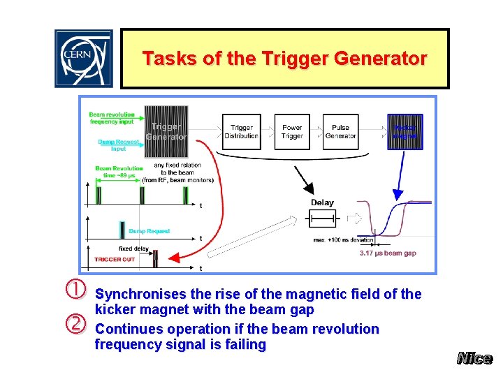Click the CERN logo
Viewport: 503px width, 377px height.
click(84, 59)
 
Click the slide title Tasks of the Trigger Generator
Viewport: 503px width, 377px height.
click(284, 59)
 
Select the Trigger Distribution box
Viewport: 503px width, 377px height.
click(242, 132)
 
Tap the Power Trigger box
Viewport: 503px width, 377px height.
click(292, 132)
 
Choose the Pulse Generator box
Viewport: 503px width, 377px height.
click(340, 132)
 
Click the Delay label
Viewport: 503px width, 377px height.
click(322, 202)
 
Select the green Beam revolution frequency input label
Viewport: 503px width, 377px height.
click(111, 117)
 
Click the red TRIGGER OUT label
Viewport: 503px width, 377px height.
click(115, 260)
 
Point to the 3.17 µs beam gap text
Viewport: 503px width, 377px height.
click(388, 253)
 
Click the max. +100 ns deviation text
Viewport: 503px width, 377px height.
click(344, 240)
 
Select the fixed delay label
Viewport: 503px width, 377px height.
click(134, 249)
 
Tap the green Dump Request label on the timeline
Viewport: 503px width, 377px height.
click(149, 231)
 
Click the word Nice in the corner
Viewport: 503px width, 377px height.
click(474, 358)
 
